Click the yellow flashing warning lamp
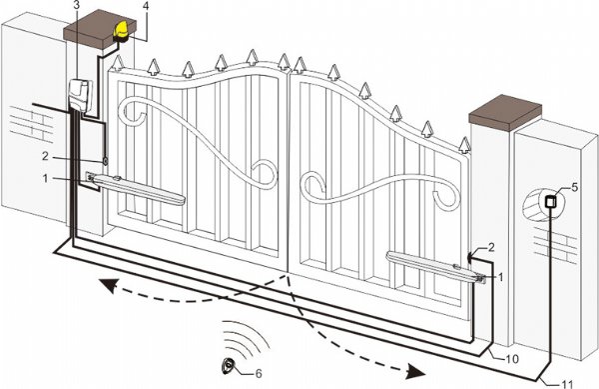[122, 31]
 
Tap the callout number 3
[77, 5]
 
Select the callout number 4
[145, 5]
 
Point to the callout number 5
[575, 187]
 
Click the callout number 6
[259, 373]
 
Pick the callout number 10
[512, 359]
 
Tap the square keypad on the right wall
[551, 201]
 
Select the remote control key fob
[227, 365]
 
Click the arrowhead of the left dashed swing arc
[108, 285]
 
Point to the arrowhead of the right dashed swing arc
[416, 371]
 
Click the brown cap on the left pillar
[100, 29]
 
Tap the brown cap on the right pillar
[505, 113]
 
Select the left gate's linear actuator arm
[137, 189]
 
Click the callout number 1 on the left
[46, 178]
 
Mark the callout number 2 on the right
[491, 247]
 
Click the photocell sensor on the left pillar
[105, 161]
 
